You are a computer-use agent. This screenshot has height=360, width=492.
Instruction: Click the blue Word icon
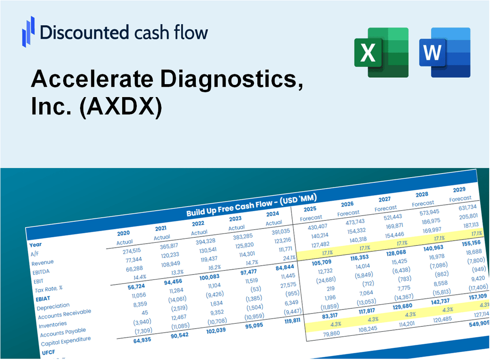coord(445,52)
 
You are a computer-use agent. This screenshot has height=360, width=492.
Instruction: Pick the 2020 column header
coord(123,233)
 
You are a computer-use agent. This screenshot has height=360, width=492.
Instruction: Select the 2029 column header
coord(459,189)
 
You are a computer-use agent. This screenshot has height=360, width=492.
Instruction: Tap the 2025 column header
coord(310,209)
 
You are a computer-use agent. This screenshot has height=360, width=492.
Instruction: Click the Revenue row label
coord(43,262)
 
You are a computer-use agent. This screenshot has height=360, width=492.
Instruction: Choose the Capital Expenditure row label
coord(66,342)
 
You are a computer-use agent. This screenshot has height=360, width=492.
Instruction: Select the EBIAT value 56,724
coord(126,286)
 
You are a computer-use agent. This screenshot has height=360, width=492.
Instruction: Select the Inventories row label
coord(53,324)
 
